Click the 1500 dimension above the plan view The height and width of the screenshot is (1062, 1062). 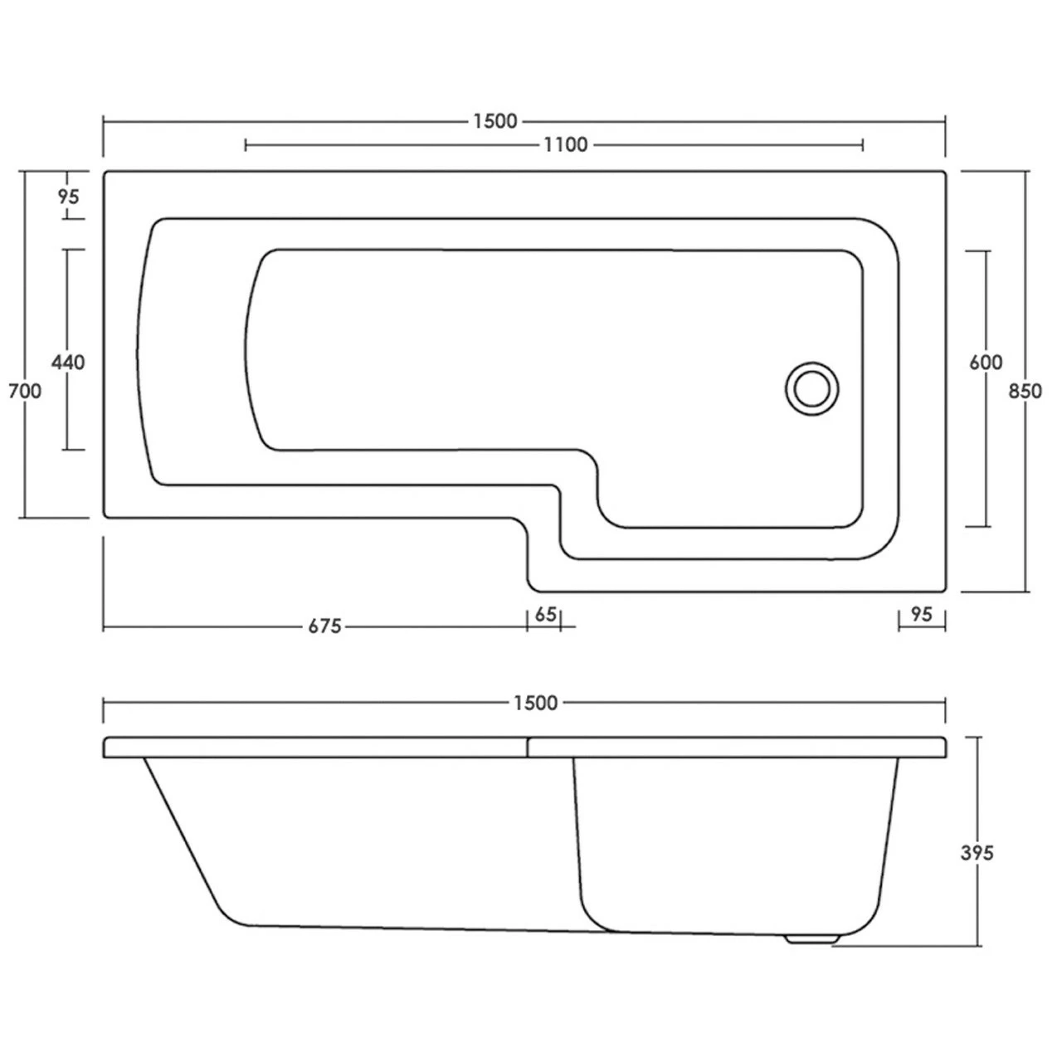(x=495, y=121)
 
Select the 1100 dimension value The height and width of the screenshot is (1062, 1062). (x=566, y=145)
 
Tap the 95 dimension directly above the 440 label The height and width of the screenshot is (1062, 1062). (x=69, y=197)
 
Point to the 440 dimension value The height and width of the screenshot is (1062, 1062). (x=68, y=363)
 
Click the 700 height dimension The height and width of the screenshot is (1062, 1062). (x=25, y=391)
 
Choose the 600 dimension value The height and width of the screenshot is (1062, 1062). (x=986, y=363)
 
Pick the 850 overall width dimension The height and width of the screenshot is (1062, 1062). (x=1026, y=391)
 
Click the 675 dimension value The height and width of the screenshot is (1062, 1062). (x=325, y=627)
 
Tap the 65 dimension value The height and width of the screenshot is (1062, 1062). (x=545, y=615)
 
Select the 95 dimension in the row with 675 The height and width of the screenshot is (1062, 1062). (x=922, y=615)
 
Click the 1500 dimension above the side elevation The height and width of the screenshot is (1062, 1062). (x=535, y=704)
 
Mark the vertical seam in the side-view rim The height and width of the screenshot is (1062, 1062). (x=528, y=748)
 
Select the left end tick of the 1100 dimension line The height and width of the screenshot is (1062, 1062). (x=246, y=145)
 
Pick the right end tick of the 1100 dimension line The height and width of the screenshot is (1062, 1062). (x=864, y=145)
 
